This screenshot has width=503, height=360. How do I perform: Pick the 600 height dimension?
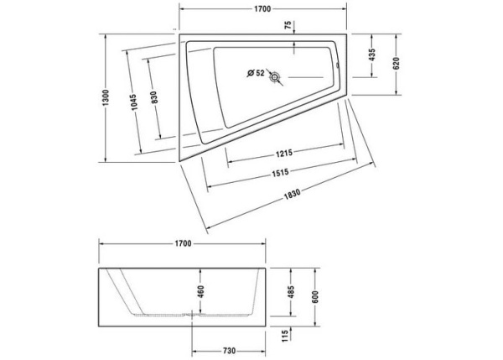tap(316, 298)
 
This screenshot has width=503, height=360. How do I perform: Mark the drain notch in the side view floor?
tap(194, 316)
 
